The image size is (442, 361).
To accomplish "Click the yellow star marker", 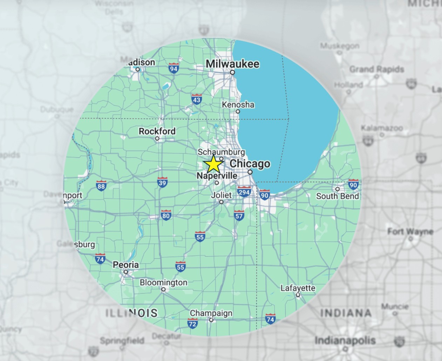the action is (213, 164).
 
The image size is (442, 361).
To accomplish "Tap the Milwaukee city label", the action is (232, 64).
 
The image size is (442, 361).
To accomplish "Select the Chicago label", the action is (250, 164).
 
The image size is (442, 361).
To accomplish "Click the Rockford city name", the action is (157, 131).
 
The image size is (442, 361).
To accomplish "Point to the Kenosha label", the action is (238, 104).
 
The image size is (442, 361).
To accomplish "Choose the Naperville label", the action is (217, 176).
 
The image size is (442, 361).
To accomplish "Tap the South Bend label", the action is (338, 196).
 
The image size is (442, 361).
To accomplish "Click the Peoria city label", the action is (125, 265).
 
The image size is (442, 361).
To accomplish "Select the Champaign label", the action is (211, 313).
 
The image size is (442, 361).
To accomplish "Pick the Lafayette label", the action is (298, 288).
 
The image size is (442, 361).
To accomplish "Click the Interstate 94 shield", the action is (174, 68).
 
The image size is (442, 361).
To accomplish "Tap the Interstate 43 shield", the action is (197, 100).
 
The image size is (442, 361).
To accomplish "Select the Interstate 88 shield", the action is (101, 186).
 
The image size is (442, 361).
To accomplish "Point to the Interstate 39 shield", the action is (162, 182).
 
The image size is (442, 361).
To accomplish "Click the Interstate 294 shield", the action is (244, 192).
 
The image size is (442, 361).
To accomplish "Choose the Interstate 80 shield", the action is (166, 215).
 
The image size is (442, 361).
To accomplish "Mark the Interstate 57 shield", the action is (239, 216).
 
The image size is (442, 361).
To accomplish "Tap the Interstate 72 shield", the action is (192, 323).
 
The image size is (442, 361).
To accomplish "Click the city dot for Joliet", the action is (221, 202).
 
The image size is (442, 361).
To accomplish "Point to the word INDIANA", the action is (346, 313).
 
